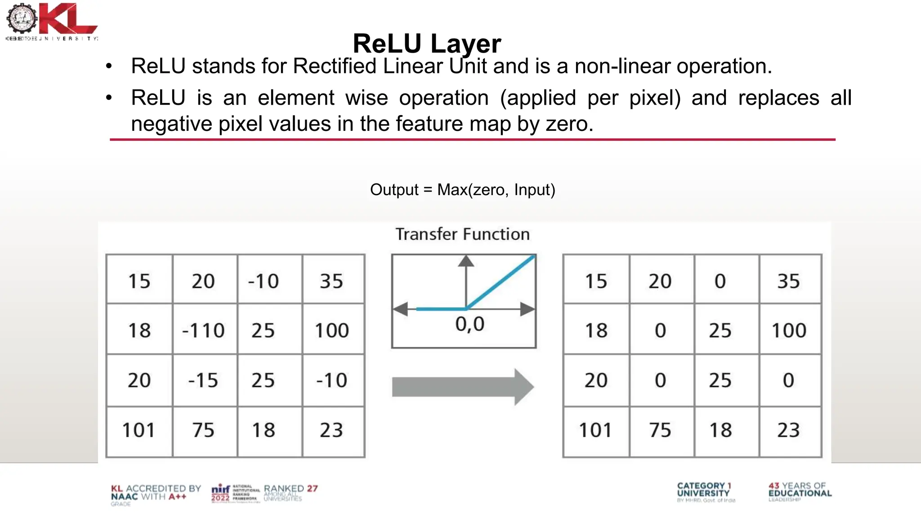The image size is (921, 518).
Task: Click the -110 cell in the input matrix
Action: [x=203, y=330]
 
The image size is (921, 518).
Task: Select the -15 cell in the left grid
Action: [x=203, y=380]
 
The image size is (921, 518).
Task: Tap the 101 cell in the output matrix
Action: [x=595, y=430]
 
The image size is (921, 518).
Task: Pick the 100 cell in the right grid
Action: [x=789, y=330]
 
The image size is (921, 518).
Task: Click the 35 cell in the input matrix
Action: [x=332, y=281]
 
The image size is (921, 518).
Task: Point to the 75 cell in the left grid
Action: [x=203, y=430]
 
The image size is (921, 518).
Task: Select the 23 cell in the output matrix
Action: [x=789, y=430]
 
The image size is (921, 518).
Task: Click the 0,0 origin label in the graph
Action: [x=470, y=324]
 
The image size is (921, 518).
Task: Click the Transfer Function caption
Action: [x=462, y=234]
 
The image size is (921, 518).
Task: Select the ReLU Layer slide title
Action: [x=427, y=44]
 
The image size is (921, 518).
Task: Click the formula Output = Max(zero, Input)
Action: [x=462, y=190]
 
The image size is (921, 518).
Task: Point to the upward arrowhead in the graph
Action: [x=466, y=261]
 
